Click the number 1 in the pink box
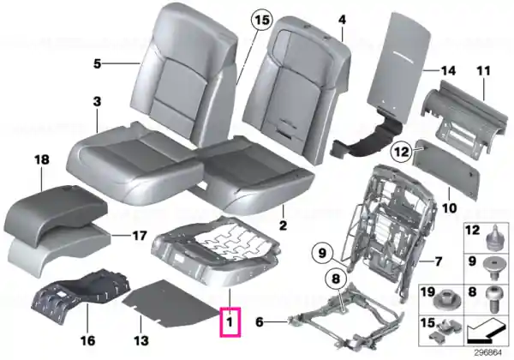pyautogui.click(x=230, y=321)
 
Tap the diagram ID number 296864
pyautogui.click(x=487, y=353)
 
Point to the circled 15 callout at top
pyautogui.click(x=262, y=21)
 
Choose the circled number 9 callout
pyautogui.click(x=323, y=254)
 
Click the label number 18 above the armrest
pyautogui.click(x=42, y=160)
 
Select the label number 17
pyautogui.click(x=139, y=236)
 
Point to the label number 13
pyautogui.click(x=141, y=340)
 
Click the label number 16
pyautogui.click(x=88, y=340)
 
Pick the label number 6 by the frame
pyautogui.click(x=260, y=322)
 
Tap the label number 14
pyautogui.click(x=448, y=70)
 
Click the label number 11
pyautogui.click(x=483, y=71)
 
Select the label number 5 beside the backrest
pyautogui.click(x=97, y=63)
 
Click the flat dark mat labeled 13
pyautogui.click(x=170, y=303)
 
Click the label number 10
pyautogui.click(x=449, y=208)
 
